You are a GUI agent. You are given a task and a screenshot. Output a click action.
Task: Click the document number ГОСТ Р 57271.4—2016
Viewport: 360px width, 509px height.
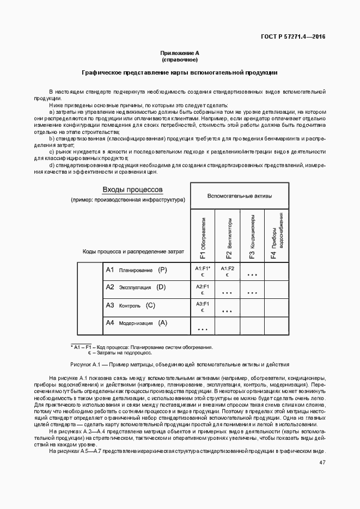pos(294,37)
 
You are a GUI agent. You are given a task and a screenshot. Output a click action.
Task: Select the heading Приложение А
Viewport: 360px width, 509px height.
pos(180,53)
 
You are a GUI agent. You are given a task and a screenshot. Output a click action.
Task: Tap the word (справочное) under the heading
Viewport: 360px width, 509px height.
pos(180,59)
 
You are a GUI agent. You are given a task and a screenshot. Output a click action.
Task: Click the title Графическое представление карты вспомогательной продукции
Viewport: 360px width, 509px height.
pos(180,72)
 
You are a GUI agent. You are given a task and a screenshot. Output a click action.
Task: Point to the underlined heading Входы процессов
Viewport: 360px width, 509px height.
pos(133,189)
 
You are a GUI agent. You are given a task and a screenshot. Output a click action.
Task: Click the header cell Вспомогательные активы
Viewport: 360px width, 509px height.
pos(240,195)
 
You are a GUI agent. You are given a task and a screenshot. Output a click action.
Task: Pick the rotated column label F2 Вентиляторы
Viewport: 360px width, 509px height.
pos(228,238)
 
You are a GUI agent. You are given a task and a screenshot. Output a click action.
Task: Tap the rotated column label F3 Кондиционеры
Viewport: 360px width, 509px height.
pos(252,238)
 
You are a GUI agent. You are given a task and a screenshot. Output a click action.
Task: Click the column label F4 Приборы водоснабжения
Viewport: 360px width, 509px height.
pos(276,238)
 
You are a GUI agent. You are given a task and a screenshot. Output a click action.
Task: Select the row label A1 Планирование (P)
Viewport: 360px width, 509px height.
pos(136,270)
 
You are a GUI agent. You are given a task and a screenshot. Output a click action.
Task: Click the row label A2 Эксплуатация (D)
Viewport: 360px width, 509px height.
pos(136,287)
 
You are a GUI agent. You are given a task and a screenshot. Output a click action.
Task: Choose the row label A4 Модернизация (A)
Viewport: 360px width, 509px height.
pos(136,323)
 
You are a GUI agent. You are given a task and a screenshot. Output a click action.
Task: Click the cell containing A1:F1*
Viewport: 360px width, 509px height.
pos(203,272)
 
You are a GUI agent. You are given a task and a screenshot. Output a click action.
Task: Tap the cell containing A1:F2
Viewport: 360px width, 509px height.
pos(227,272)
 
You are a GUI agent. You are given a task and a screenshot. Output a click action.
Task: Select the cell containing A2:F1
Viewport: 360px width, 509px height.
pos(203,289)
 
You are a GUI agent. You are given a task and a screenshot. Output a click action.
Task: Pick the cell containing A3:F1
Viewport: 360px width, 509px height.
pos(203,306)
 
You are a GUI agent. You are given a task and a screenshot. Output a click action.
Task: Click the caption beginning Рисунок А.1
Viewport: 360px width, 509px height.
pos(180,364)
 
